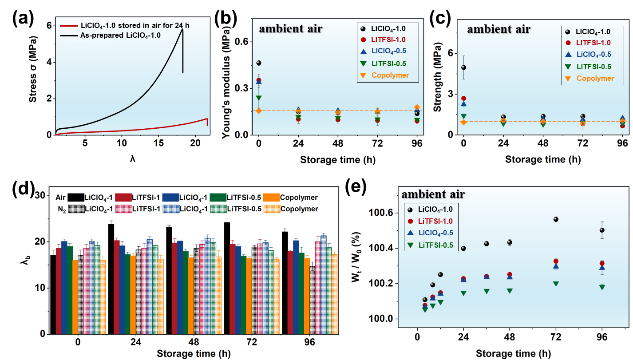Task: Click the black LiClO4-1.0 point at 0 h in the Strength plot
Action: point(464,67)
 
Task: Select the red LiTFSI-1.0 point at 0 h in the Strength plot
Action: point(464,99)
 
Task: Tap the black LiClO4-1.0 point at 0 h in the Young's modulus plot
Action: point(259,63)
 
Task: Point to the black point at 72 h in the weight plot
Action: point(556,219)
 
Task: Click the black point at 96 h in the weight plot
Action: point(602,230)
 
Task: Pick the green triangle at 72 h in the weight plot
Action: point(556,284)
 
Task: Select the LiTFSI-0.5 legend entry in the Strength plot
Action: point(593,67)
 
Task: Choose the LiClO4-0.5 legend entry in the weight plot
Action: point(433,233)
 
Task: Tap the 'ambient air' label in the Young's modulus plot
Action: point(291,29)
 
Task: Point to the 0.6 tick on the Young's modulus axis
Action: point(244,42)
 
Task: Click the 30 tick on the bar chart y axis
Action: point(40,196)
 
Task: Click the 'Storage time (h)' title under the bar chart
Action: point(193,354)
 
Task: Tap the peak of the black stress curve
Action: point(183,30)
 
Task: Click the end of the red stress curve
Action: point(207,125)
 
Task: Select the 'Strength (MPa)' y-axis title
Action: point(445,75)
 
